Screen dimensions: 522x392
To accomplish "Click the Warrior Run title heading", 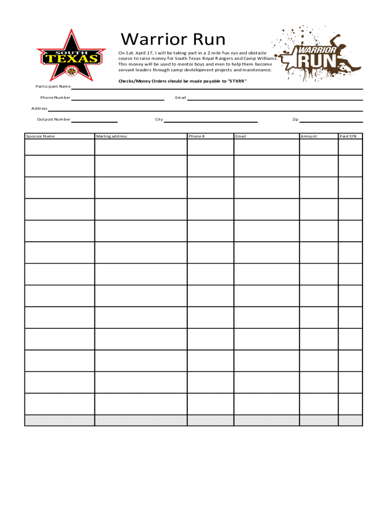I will point(173,39).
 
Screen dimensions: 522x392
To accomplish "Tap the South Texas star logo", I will point(71,56).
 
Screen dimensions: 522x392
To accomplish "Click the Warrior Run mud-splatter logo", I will point(318,54).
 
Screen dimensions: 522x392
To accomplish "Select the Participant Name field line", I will point(216,88).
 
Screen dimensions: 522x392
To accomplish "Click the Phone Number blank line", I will point(118,99).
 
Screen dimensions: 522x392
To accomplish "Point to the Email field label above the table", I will point(181,97).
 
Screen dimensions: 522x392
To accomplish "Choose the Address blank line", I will point(205,111).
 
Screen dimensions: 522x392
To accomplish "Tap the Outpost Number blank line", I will point(94,122).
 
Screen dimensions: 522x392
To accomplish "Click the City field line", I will point(210,122).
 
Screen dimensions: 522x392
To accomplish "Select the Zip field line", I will point(331,122).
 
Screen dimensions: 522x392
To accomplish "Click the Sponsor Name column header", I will point(41,136).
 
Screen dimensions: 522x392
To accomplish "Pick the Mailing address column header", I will point(111,136).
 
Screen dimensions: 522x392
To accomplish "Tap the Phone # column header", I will point(197,136).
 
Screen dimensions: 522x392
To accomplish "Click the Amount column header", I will point(309,136).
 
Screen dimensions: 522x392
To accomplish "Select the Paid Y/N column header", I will point(348,136).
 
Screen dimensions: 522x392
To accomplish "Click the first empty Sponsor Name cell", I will point(60,147).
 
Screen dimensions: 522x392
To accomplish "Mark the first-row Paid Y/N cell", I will point(350,147).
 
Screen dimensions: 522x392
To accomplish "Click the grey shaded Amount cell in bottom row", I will point(318,420).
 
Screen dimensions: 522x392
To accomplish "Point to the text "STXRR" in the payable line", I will point(237,81).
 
